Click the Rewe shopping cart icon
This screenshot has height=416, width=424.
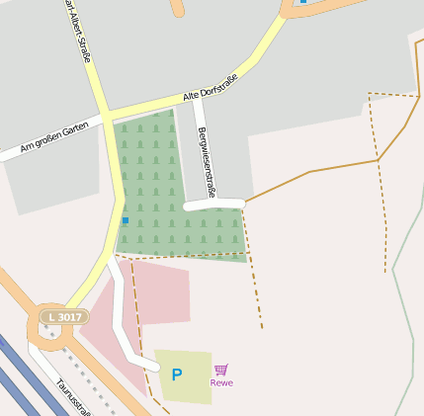(x=220, y=370)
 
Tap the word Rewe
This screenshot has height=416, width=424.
(x=221, y=382)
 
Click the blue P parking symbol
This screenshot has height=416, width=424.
(x=177, y=374)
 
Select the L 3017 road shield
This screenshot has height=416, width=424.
(x=64, y=316)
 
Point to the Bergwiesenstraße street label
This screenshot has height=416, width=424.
(x=207, y=162)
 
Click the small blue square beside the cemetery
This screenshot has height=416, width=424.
(x=125, y=219)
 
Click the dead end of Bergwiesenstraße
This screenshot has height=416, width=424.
(x=189, y=207)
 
